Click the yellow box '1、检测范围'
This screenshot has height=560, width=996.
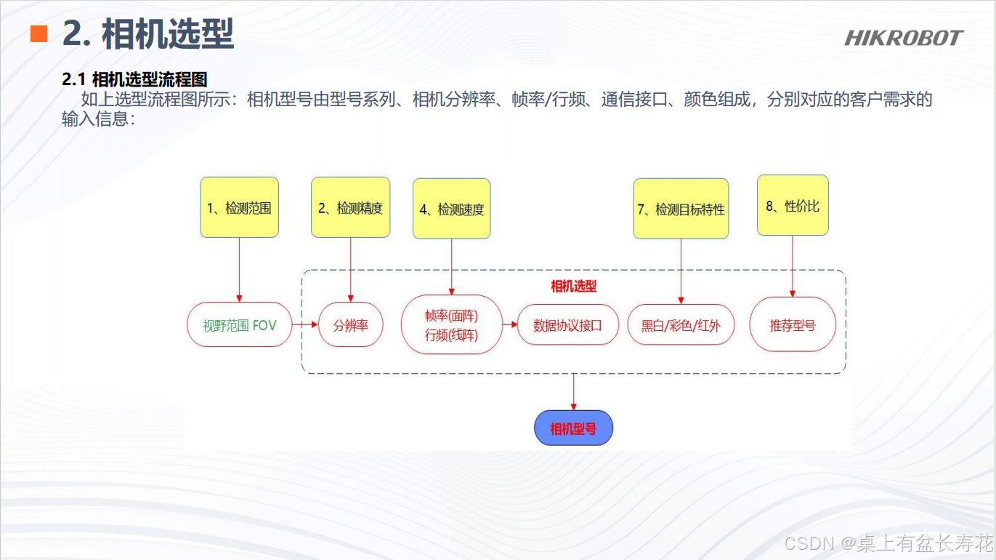point(239,207)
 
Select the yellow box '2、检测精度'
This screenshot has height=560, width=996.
point(350,207)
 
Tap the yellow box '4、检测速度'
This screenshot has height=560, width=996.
point(451,209)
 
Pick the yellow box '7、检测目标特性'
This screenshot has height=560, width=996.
point(681,209)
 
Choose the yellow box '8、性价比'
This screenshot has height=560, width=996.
point(793,205)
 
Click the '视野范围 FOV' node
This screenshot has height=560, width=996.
point(239,324)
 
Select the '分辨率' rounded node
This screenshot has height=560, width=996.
point(350,325)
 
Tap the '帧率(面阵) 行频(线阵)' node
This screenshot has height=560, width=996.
point(451,324)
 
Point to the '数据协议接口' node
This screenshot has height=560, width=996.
point(567,325)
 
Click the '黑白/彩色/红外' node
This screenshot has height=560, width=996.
point(681,325)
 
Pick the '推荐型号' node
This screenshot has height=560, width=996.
point(793,324)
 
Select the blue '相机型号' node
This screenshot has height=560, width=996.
point(573,428)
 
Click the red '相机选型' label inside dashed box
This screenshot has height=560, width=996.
point(573,286)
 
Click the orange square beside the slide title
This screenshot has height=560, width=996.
point(39,33)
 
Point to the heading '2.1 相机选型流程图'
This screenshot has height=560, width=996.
point(134,79)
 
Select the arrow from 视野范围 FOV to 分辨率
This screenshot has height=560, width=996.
point(305,324)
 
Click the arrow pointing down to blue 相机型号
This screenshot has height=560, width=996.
point(573,393)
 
